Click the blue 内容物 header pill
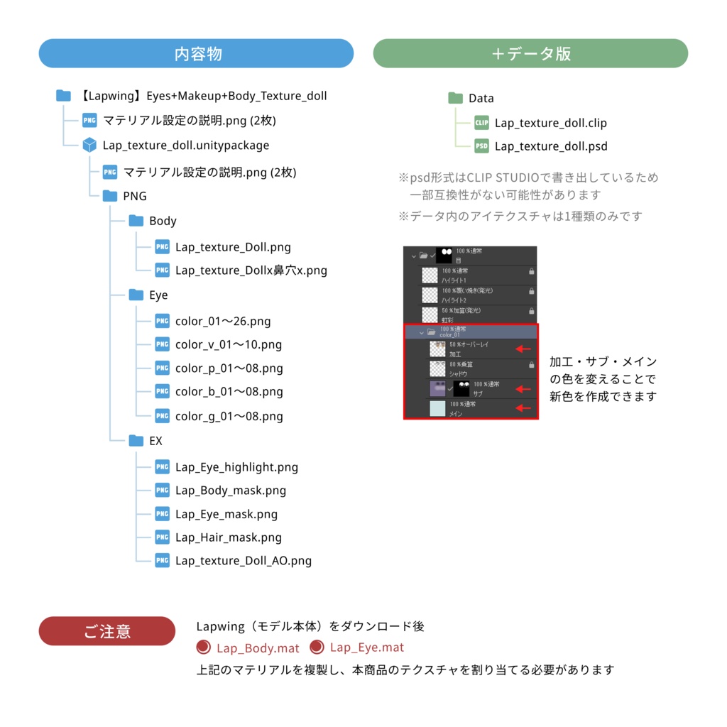[x=196, y=53]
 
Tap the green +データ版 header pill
[x=530, y=53]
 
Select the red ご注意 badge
[x=106, y=631]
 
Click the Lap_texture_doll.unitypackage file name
[x=186, y=146]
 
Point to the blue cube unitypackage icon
[x=89, y=146]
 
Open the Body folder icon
[x=136, y=221]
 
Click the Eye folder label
[x=158, y=295]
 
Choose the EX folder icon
[x=136, y=441]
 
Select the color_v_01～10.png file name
[x=229, y=345]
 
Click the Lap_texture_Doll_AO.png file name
[x=244, y=561]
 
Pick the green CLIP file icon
[x=482, y=123]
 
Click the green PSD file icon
[x=482, y=146]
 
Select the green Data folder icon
[x=455, y=98]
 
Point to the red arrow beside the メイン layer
[x=523, y=408]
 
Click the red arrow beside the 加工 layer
[x=523, y=349]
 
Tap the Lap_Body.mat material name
[x=258, y=647]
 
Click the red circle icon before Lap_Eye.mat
[x=317, y=647]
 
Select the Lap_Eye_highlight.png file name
[x=236, y=467]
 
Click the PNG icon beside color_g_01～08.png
[x=163, y=416]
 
